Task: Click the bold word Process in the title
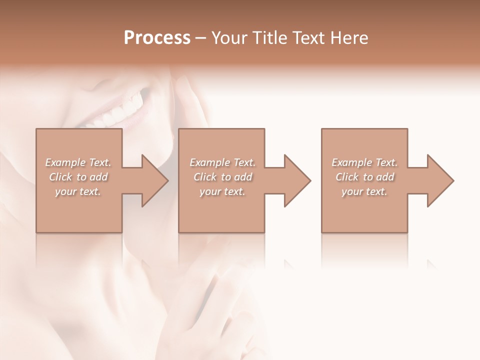(157, 38)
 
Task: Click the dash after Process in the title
(200, 38)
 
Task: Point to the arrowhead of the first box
(154, 180)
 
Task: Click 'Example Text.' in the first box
(78, 162)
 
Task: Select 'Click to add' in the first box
(78, 177)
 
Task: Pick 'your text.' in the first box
(78, 191)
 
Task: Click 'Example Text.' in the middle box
(222, 162)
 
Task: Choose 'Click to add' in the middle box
(222, 177)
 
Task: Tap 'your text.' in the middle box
(222, 191)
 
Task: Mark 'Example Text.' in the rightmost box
(364, 162)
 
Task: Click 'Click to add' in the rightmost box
(364, 177)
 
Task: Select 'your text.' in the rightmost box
(364, 191)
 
